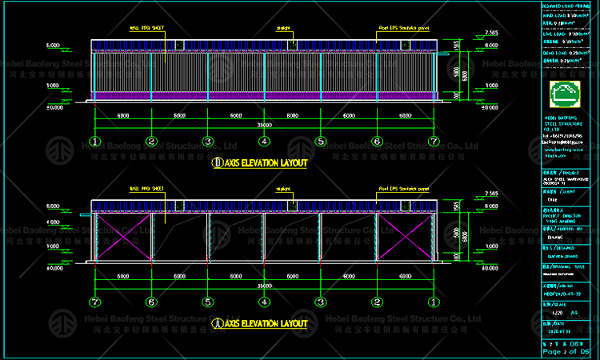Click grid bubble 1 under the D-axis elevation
pyautogui.click(x=95, y=142)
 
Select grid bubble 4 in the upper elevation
pyautogui.click(x=264, y=142)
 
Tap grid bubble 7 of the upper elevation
pyautogui.click(x=433, y=142)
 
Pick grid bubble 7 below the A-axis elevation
pyautogui.click(x=95, y=302)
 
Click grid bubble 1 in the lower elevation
pyautogui.click(x=433, y=302)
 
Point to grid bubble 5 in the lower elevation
pyautogui.click(x=208, y=302)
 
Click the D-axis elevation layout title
pyautogui.click(x=259, y=162)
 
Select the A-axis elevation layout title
pyautogui.click(x=259, y=323)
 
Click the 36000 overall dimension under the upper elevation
pyautogui.click(x=264, y=126)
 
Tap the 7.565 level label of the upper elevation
pyautogui.click(x=490, y=34)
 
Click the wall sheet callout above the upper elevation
pyautogui.click(x=146, y=27)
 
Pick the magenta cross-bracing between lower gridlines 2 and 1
pyautogui.click(x=405, y=237)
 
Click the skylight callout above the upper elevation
pyautogui.click(x=283, y=27)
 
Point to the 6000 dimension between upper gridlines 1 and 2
pyautogui.click(x=123, y=115)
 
